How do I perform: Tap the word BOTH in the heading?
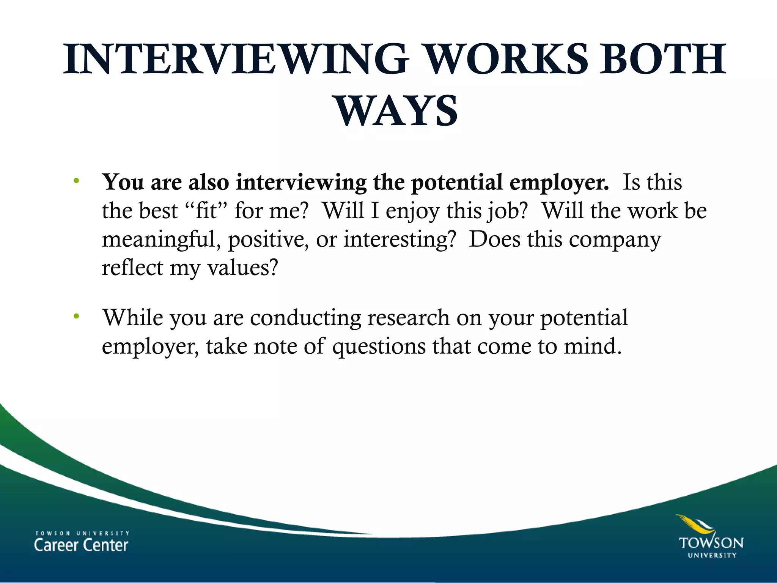(662, 60)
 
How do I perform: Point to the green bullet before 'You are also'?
(76, 181)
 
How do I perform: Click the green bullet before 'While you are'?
(76, 316)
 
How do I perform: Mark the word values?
(243, 268)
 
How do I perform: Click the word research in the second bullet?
(408, 318)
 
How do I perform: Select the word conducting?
(305, 318)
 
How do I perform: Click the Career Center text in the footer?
(81, 545)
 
